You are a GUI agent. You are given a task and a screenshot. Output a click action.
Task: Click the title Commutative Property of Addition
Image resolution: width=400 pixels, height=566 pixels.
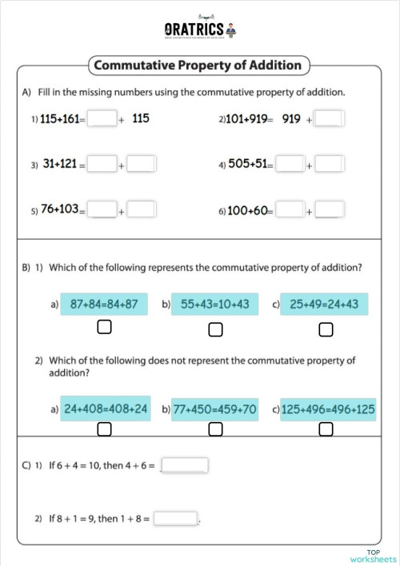point(198,65)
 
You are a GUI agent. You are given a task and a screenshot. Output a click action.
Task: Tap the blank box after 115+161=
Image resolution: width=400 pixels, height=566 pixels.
point(102,119)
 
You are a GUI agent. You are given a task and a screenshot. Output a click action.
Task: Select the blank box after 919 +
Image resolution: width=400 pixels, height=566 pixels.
point(329,119)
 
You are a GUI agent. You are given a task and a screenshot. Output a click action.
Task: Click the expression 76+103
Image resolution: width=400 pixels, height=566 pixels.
point(60,209)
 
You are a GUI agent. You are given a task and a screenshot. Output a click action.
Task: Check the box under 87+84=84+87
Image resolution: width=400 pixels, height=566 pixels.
point(104,328)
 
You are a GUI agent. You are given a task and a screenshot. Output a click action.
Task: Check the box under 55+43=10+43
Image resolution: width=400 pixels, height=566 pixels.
point(215,329)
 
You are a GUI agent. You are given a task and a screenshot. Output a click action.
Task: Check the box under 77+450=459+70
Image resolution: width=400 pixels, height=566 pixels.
point(215,430)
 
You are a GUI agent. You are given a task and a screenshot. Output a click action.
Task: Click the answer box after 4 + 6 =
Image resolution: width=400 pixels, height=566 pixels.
point(185,465)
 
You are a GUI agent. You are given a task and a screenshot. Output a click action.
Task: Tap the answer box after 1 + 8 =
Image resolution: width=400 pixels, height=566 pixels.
point(176,518)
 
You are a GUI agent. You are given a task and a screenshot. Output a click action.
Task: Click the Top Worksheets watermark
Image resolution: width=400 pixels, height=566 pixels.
point(373,556)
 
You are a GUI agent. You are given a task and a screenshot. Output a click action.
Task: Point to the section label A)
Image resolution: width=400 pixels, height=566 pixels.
point(26,92)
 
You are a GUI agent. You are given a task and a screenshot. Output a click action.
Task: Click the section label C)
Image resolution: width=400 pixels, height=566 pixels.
point(26,465)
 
